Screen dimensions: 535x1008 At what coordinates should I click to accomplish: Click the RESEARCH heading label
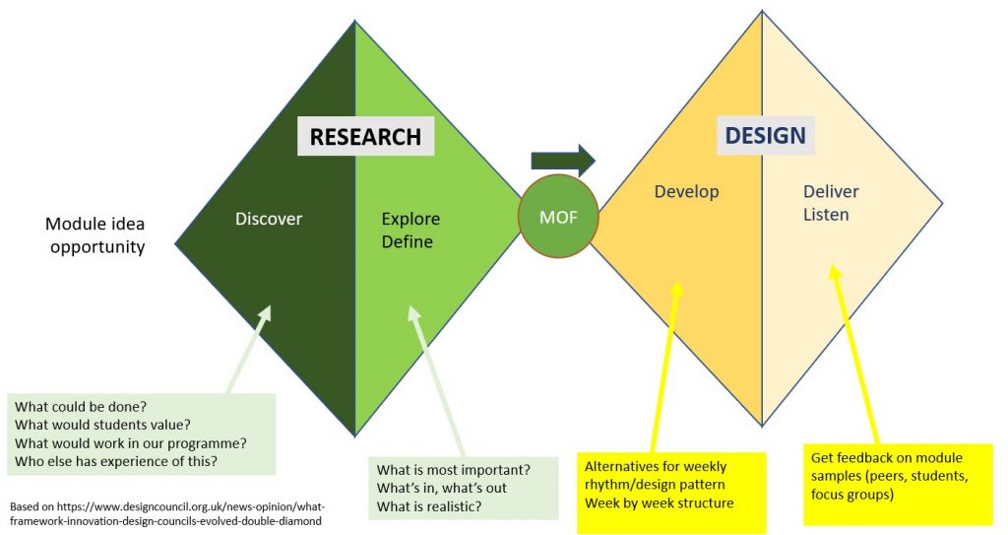(x=365, y=137)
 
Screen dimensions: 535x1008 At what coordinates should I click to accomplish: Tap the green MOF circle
(x=558, y=217)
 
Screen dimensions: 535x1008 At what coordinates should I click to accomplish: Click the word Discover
(x=268, y=219)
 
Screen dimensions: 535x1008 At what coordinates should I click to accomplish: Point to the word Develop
(x=686, y=191)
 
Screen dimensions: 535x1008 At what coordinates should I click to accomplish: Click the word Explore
(x=410, y=219)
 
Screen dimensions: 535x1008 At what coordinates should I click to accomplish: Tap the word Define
(x=407, y=240)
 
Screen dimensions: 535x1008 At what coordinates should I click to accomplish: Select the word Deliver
(x=831, y=191)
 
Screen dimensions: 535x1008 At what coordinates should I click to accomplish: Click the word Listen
(x=825, y=213)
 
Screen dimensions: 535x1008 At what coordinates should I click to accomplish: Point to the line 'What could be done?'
(x=83, y=406)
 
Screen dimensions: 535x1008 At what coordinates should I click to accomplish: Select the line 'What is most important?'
(x=454, y=469)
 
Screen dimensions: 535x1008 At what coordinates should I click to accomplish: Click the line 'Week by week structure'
(x=659, y=503)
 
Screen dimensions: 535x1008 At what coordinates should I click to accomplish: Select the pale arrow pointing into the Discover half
(x=248, y=351)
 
